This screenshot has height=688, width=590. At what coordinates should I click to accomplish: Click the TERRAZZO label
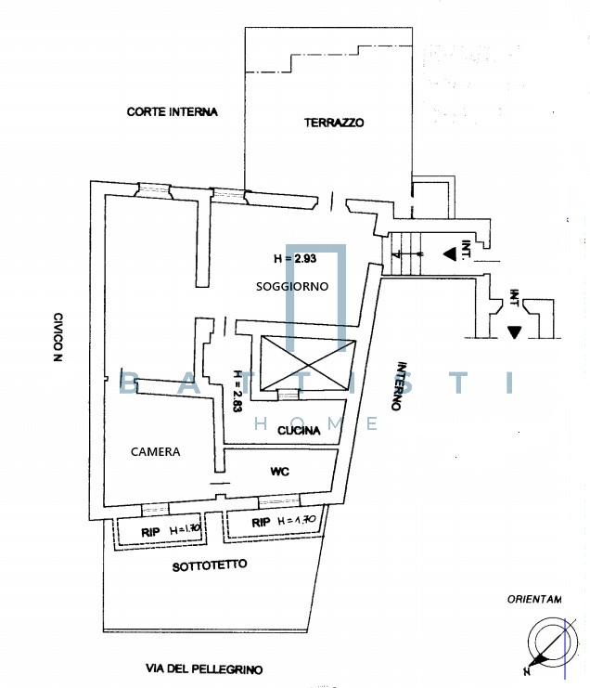coord(334,123)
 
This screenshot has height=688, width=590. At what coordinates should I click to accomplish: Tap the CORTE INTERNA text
coord(172,112)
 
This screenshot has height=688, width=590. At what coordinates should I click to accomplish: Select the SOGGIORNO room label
coord(292,287)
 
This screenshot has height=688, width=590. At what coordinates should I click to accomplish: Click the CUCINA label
coord(300,430)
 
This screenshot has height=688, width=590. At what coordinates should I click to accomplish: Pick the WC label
coord(279,472)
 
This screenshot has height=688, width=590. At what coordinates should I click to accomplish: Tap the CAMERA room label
coord(155,452)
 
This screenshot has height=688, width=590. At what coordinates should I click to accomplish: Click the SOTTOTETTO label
coord(210,565)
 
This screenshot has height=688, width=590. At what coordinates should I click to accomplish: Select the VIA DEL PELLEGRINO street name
coord(204,669)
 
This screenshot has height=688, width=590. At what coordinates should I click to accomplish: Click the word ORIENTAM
coord(534,600)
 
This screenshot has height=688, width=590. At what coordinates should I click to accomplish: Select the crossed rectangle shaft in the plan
coord(309,362)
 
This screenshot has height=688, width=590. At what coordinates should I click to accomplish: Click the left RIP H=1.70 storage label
coord(157,530)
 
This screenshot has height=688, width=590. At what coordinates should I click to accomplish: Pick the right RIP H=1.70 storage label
coord(285,523)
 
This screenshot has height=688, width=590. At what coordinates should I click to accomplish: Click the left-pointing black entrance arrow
coord(449,252)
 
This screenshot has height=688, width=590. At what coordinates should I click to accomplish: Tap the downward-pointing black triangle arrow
coord(515,331)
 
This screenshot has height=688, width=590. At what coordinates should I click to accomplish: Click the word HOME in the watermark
coord(315,423)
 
